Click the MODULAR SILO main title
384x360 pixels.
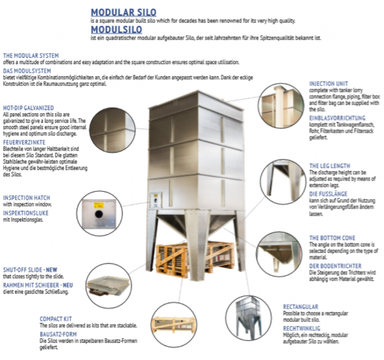pyautogui.click(x=124, y=12)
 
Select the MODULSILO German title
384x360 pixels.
pyautogui.click(x=116, y=29)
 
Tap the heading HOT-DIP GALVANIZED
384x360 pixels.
pyautogui.click(x=28, y=108)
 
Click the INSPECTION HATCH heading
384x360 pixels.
pyautogui.click(x=26, y=198)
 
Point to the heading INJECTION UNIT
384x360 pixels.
pyautogui.click(x=329, y=84)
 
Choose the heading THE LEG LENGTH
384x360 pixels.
pyautogui.click(x=329, y=166)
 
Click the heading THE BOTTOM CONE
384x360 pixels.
pyautogui.click(x=332, y=237)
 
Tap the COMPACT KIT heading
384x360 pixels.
pyautogui.click(x=56, y=319)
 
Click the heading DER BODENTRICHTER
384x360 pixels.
pyautogui.click(x=335, y=266)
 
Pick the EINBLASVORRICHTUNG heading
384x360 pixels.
pyautogui.click(x=337, y=118)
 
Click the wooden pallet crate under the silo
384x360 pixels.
pyautogui.click(x=192, y=259)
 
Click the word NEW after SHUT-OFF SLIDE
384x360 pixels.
pyautogui.click(x=52, y=270)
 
